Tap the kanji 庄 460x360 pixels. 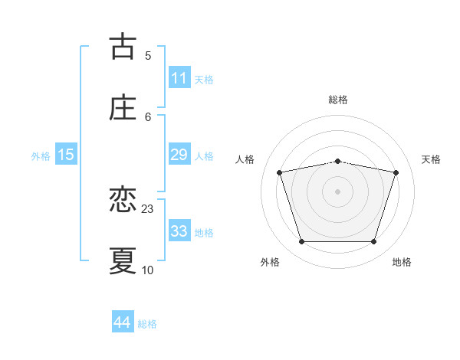[123, 107]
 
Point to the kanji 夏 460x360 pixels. [123, 260]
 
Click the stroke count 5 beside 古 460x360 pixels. [148, 55]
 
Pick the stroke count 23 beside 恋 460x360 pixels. [148, 208]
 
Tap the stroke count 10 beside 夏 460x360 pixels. [148, 270]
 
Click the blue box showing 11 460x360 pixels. [179, 78]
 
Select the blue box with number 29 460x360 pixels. [179, 155]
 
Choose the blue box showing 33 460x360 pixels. [179, 231]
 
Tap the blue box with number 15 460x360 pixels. [66, 155]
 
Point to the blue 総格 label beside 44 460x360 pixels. [147, 324]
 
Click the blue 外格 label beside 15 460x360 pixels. [41, 156]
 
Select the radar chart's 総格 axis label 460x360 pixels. [338, 100]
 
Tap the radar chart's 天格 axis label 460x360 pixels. [431, 159]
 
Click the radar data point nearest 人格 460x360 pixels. [280, 172]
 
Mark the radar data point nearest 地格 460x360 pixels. [374, 241]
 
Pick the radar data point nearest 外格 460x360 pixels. [301, 241]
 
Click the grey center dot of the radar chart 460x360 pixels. [338, 191]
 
